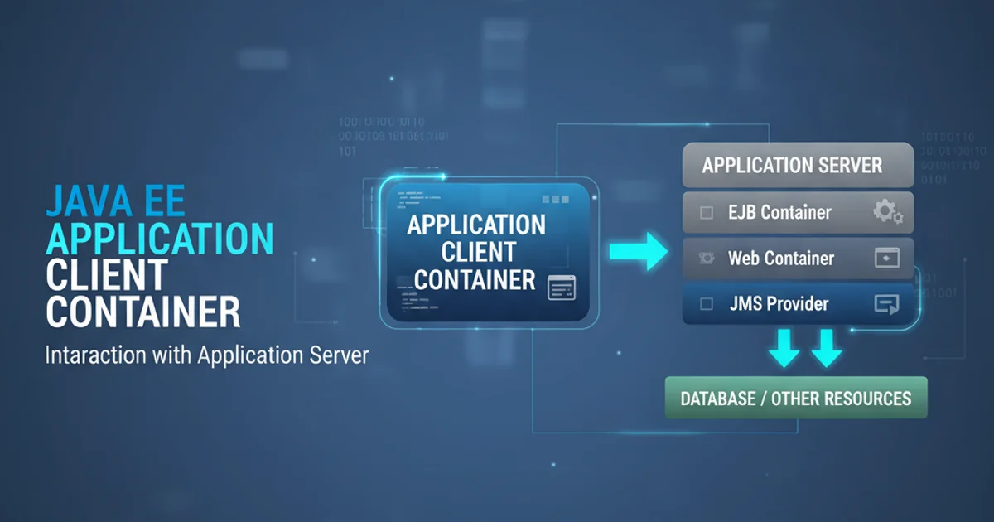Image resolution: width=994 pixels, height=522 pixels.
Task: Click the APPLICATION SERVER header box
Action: (797, 165)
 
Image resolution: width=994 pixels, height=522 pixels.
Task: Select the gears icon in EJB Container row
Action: (887, 213)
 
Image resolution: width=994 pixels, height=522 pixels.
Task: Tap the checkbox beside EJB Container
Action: (707, 213)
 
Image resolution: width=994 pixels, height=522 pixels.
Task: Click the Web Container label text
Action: (780, 259)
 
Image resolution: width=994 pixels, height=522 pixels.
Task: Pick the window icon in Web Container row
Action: (886, 259)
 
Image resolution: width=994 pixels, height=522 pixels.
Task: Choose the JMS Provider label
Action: (779, 304)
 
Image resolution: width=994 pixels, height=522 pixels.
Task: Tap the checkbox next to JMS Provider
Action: (707, 304)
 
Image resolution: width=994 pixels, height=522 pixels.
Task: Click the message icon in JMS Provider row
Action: (886, 305)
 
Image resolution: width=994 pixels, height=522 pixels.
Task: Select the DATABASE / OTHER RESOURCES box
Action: (795, 399)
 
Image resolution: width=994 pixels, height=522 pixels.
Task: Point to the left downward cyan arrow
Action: (784, 349)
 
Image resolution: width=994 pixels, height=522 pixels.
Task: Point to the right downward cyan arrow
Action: (826, 349)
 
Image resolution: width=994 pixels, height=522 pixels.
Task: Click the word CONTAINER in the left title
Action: (143, 312)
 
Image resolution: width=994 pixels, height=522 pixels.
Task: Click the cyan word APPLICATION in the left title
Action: (159, 239)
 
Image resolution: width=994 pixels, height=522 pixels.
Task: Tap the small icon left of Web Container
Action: (707, 259)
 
